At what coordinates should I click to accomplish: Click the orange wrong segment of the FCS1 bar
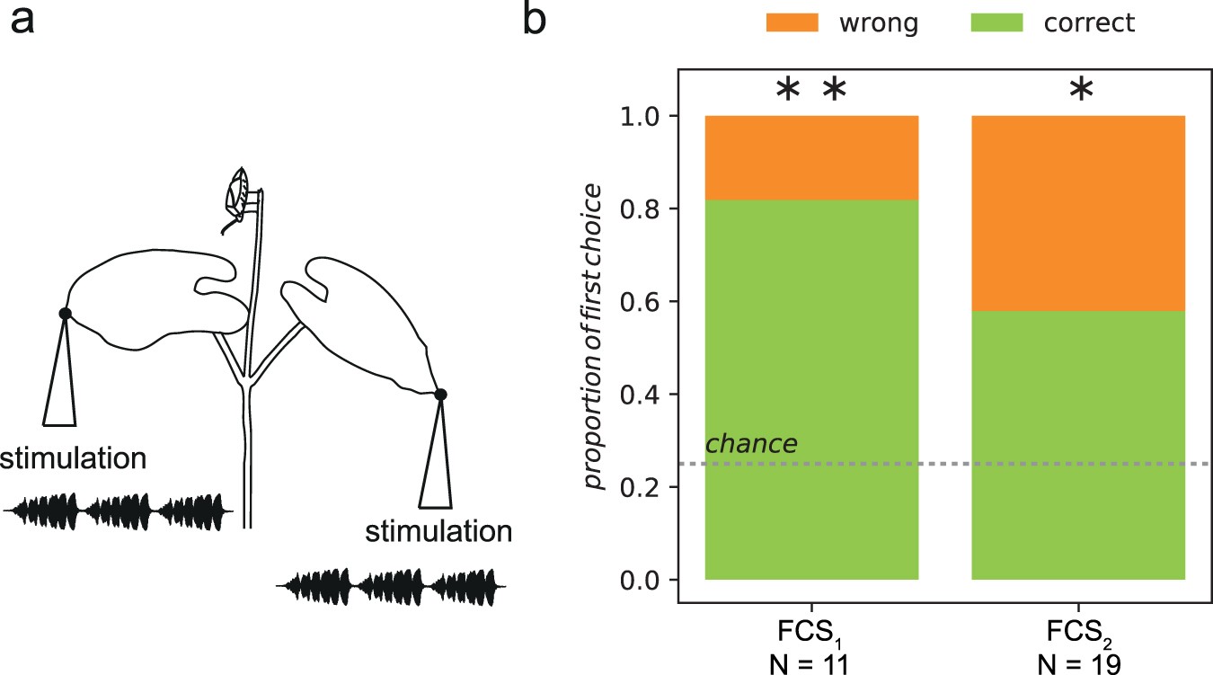pos(811,157)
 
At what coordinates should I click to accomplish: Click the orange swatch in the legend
pos(792,22)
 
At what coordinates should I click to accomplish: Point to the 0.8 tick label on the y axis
pos(642,209)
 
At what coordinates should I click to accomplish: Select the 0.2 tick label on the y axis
pos(642,487)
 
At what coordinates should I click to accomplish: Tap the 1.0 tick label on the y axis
pos(642,116)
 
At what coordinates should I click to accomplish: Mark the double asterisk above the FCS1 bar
pos(811,90)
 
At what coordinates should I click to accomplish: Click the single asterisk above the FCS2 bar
pos(1082,90)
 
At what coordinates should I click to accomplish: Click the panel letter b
pos(534,20)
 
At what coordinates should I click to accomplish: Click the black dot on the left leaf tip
pos(65,313)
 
